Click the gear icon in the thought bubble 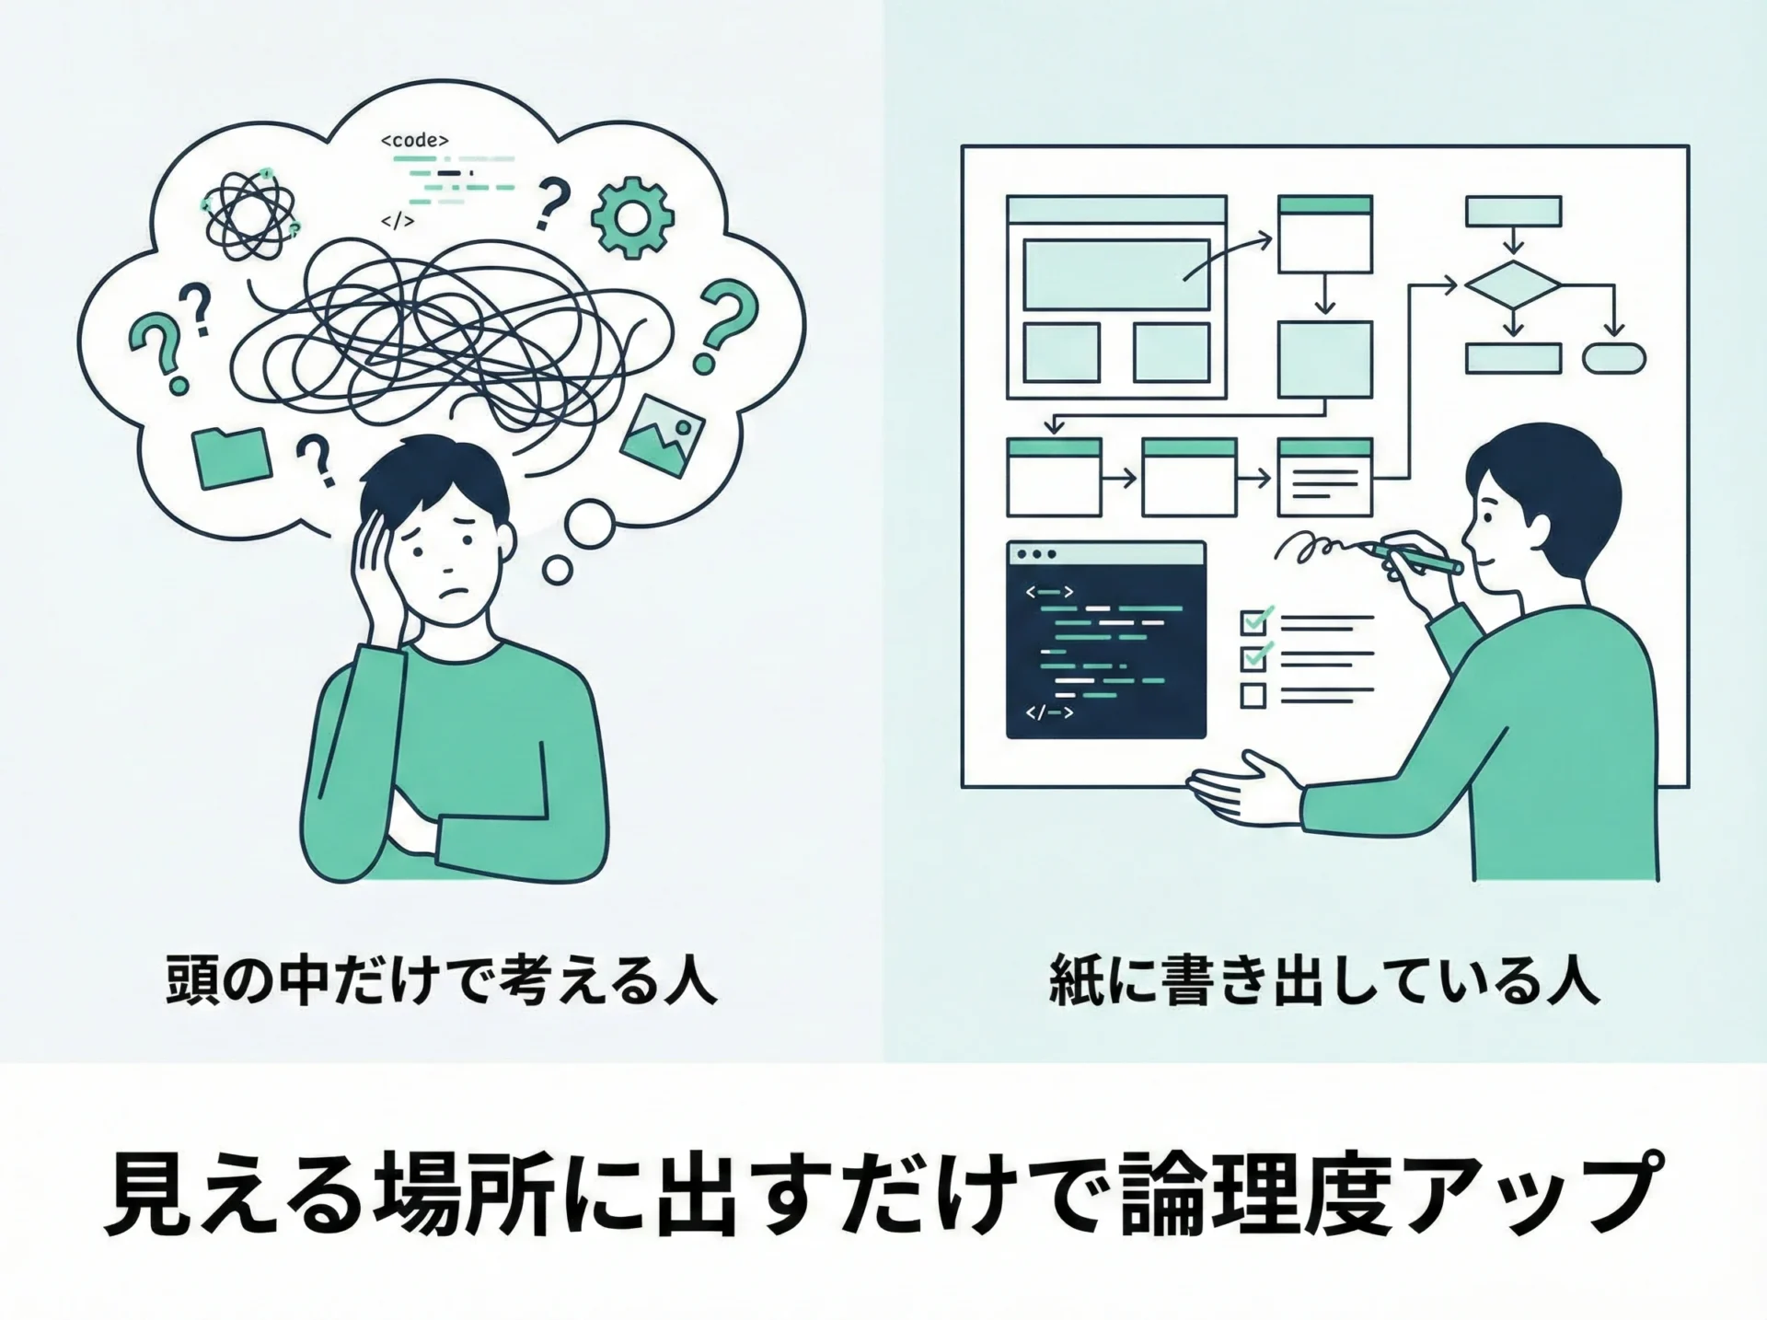632,217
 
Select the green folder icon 232,457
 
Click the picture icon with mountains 663,436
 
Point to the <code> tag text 415,141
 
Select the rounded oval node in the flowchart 1614,358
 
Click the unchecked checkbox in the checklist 1253,695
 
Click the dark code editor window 1106,640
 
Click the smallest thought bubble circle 558,570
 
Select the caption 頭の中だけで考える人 441,982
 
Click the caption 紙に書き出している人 1324,982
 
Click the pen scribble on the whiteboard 1318,547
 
